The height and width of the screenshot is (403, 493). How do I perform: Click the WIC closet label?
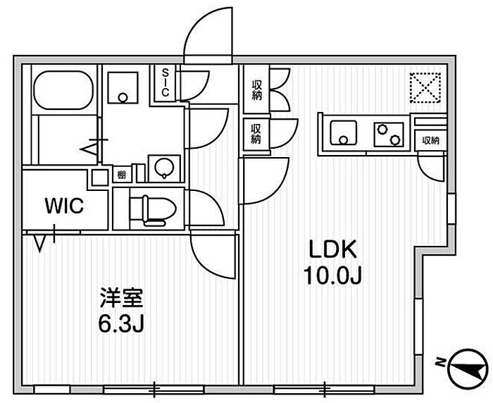pyautogui.click(x=65, y=206)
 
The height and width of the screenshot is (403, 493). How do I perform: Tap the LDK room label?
pyautogui.click(x=332, y=250)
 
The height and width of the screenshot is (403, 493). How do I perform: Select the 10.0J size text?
pyautogui.click(x=332, y=275)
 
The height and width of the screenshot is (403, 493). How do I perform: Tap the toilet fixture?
pyautogui.click(x=151, y=209)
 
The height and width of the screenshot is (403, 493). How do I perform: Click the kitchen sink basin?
pyautogui.click(x=344, y=132)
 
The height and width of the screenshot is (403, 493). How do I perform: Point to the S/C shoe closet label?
pyautogui.click(x=165, y=82)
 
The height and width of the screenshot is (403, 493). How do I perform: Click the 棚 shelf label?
pyautogui.click(x=122, y=174)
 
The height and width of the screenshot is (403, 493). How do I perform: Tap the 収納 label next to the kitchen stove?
pyautogui.click(x=431, y=140)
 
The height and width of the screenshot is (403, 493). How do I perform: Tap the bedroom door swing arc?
pyautogui.click(x=211, y=255)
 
